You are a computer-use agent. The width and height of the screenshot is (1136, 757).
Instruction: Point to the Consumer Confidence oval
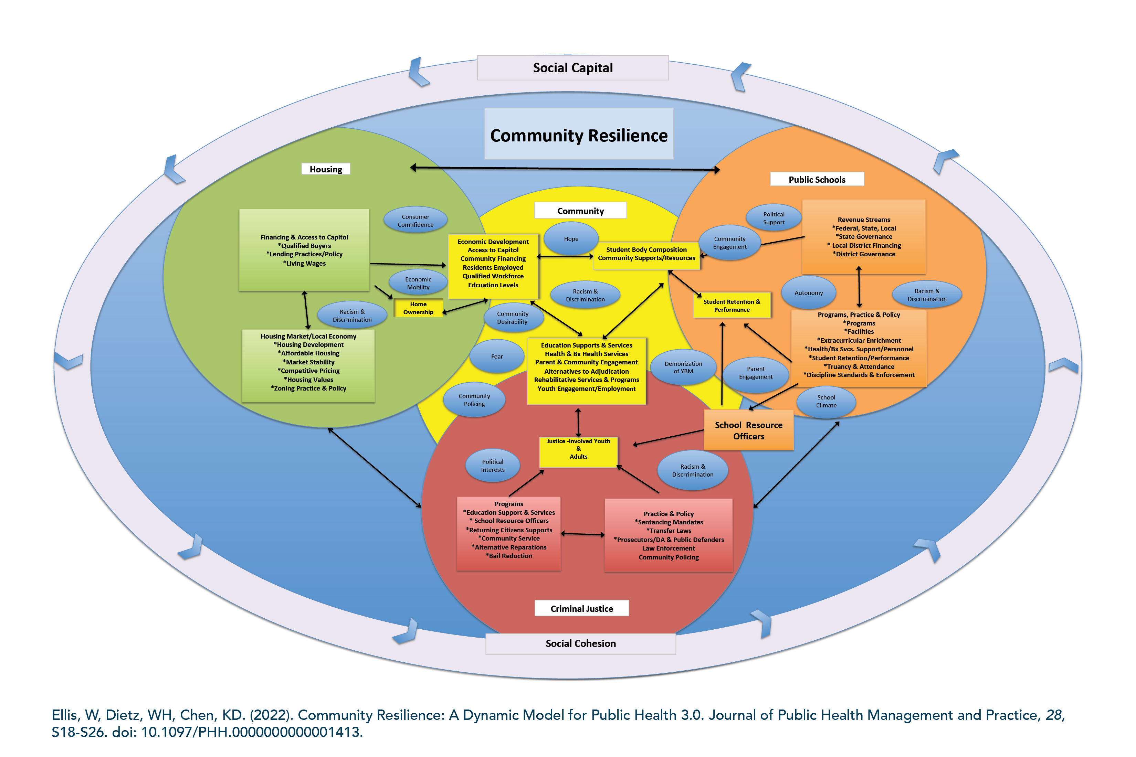416,220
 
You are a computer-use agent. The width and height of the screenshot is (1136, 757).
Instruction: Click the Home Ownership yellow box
418,308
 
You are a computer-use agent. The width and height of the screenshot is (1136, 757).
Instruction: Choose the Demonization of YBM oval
683,367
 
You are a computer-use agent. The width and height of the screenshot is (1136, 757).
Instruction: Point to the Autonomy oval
809,292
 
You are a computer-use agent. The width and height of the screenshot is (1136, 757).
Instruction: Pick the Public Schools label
817,179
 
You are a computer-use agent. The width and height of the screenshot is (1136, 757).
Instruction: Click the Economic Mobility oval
418,283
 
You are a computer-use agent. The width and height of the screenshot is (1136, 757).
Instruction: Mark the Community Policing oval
474,400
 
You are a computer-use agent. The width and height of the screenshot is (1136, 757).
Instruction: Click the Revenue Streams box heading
864,220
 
